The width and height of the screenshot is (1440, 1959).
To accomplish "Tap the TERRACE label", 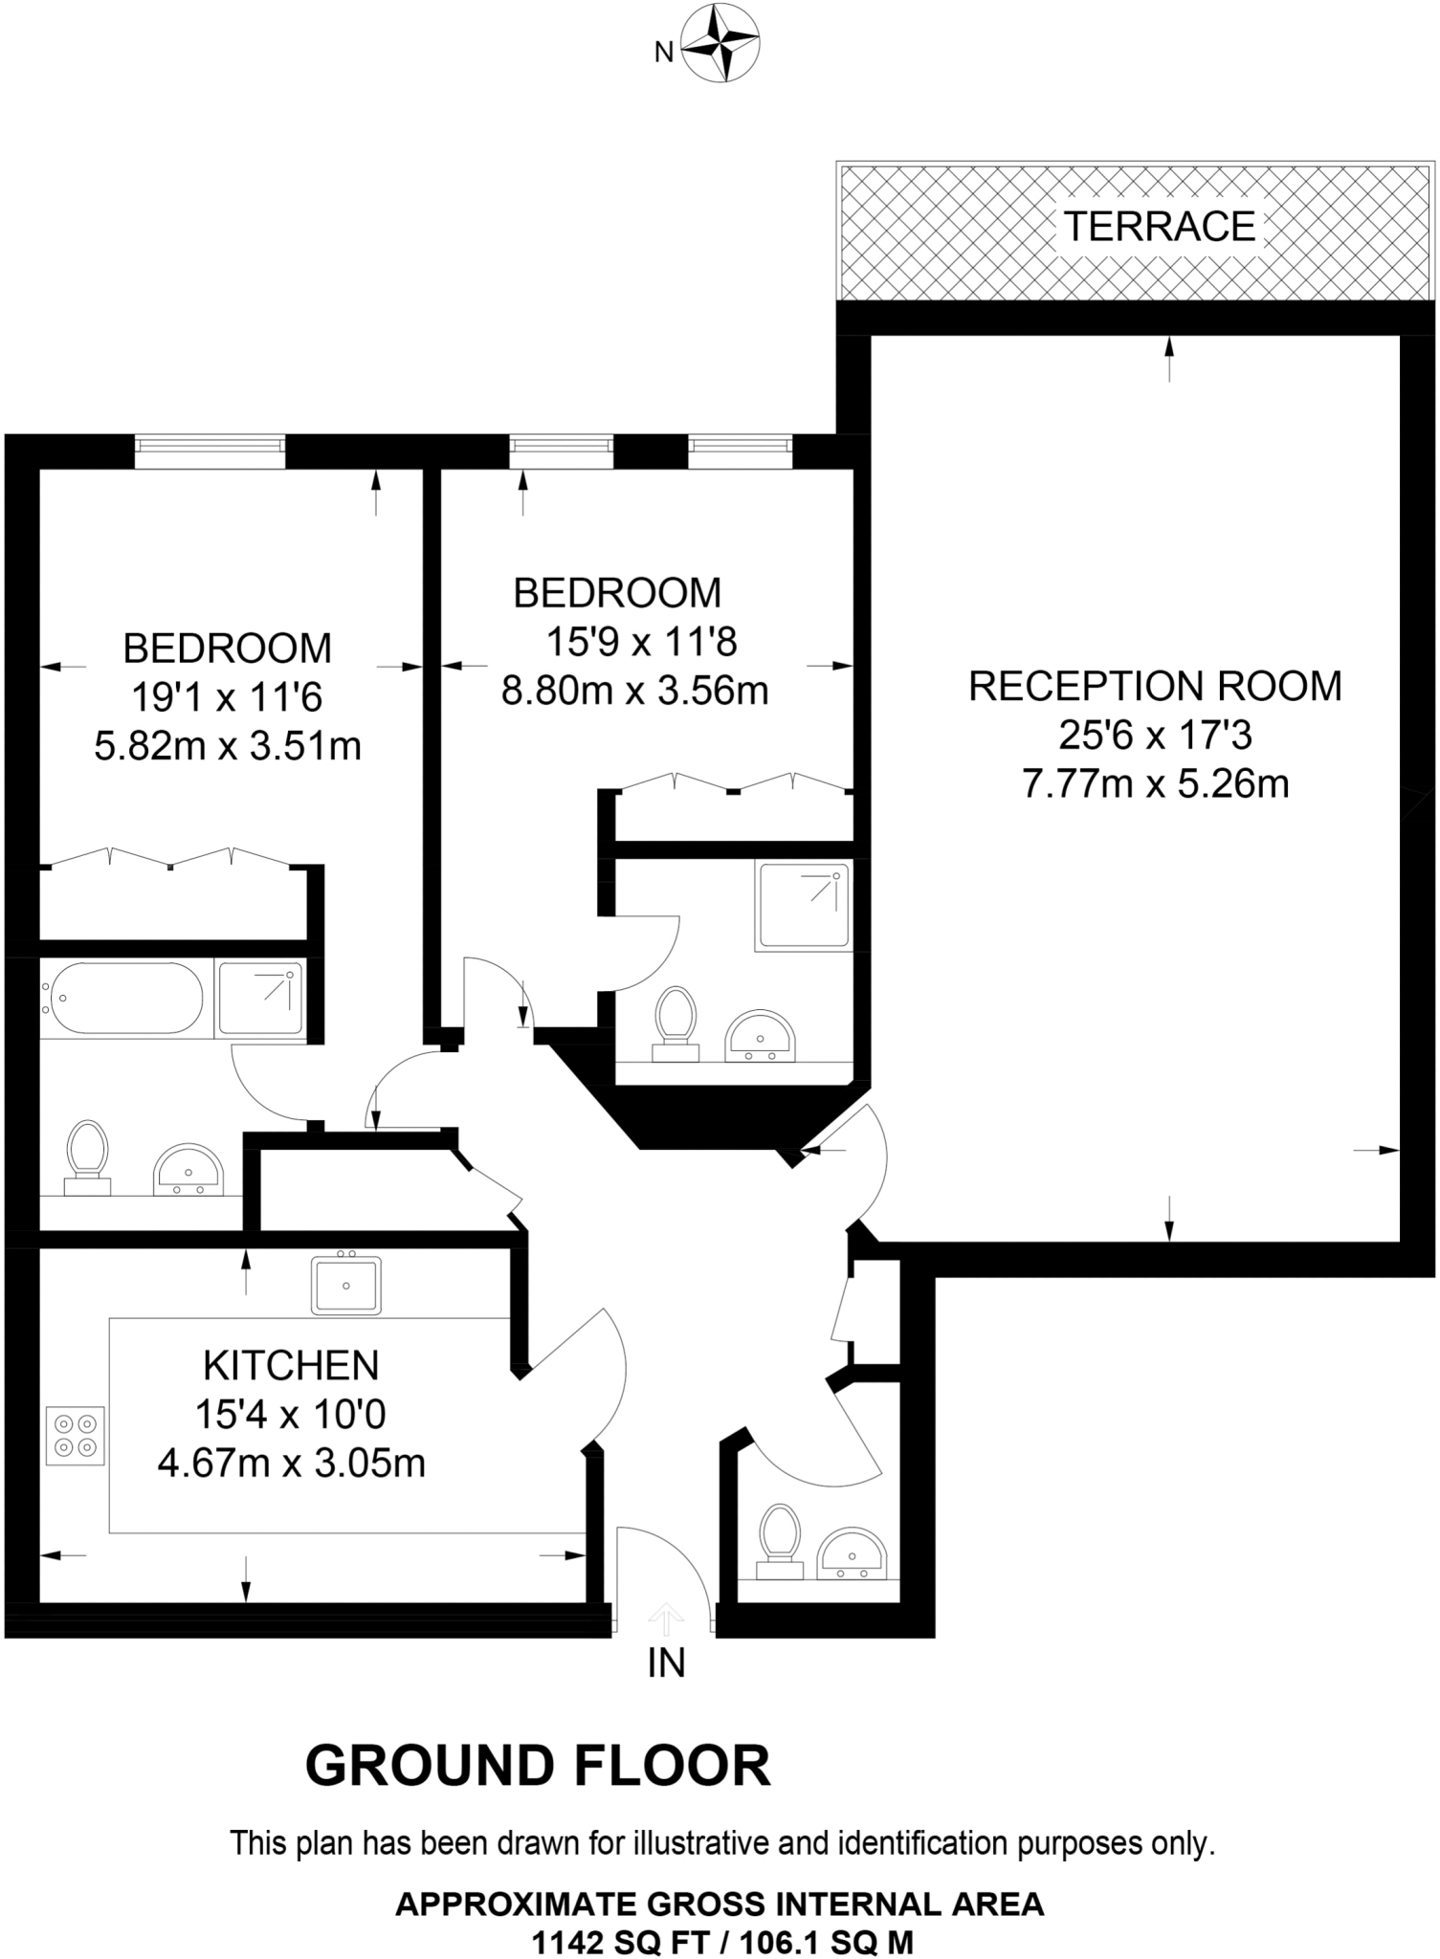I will (x=1159, y=227).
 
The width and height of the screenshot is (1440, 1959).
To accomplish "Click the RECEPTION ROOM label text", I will (x=1155, y=687).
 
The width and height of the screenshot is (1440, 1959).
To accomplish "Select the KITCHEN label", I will (x=291, y=1366).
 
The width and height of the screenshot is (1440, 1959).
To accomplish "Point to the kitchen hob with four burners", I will (x=76, y=1436).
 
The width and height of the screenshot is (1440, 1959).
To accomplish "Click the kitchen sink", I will (x=346, y=1284).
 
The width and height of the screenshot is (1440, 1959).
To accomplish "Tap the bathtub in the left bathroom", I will (x=121, y=998).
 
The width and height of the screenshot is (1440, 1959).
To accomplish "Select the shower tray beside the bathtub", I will (x=261, y=998).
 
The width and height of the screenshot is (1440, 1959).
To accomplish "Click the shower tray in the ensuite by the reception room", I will (x=802, y=905).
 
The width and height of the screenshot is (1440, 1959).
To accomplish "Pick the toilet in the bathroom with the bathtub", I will (x=86, y=1156).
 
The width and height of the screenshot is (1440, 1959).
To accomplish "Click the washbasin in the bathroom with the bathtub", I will (x=188, y=1171).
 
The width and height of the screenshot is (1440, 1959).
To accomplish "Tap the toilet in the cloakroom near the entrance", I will (x=779, y=1539).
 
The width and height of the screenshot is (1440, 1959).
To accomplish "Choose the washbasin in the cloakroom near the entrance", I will (x=853, y=1554).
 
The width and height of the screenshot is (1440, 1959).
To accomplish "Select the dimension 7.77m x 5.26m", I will (x=1155, y=784).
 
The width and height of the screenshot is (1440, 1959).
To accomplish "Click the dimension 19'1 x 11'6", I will (x=227, y=697).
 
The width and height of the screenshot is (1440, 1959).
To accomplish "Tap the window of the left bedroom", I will (x=210, y=451).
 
